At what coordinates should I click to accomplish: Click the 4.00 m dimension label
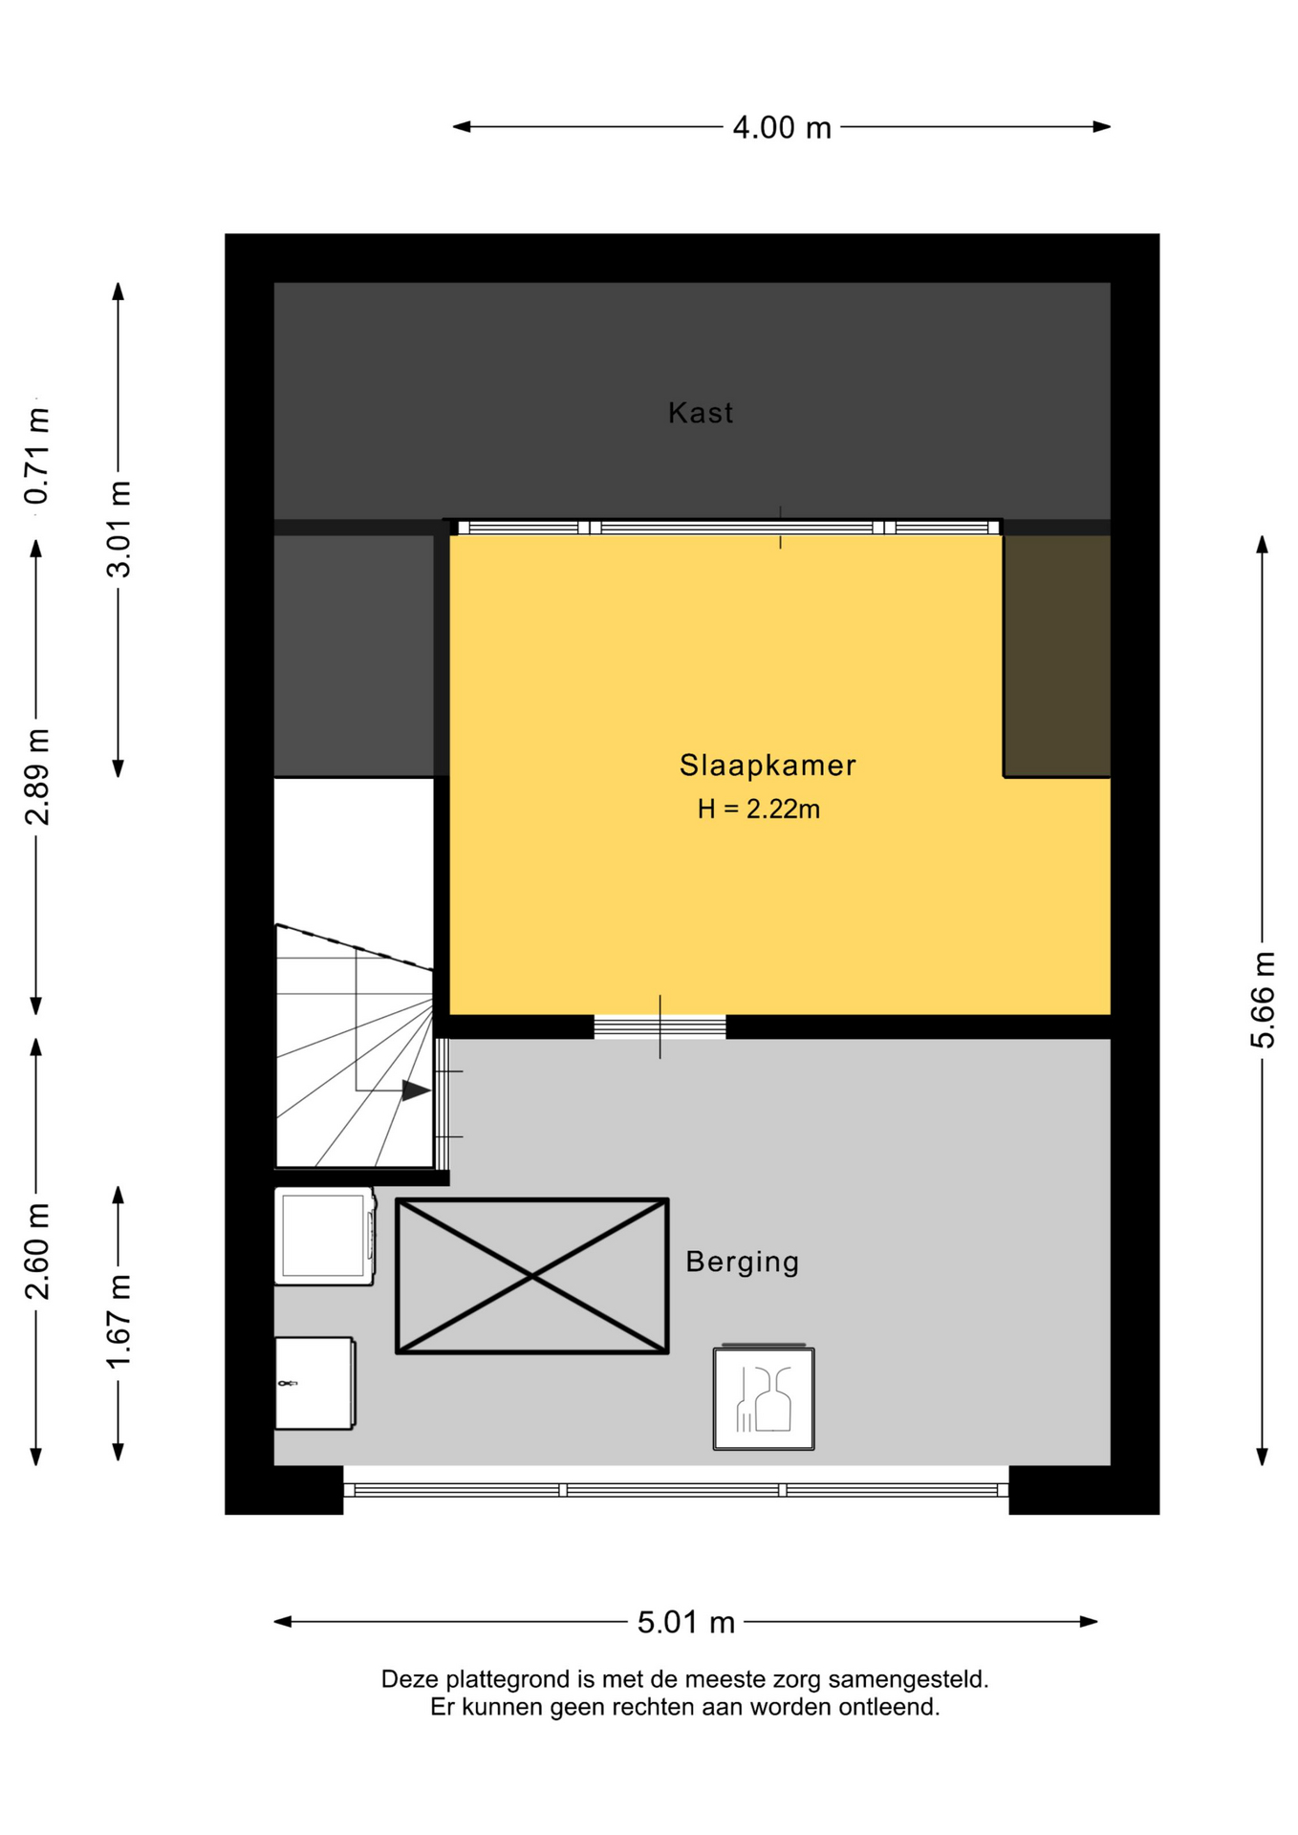[781, 127]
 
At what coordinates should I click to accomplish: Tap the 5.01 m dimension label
[685, 1622]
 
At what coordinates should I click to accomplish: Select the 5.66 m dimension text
[1263, 1000]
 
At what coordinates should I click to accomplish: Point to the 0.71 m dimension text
[37, 456]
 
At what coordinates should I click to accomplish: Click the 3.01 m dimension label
[119, 529]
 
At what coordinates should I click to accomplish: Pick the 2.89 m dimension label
[37, 776]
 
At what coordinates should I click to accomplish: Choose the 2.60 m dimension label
[37, 1251]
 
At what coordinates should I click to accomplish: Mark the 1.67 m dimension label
[119, 1322]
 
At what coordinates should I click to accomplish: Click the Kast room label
[701, 413]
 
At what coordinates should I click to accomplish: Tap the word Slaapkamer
[768, 765]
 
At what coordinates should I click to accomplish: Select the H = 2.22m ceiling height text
[758, 810]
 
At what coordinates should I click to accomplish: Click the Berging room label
[742, 1263]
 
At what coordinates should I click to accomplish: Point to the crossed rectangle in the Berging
[532, 1276]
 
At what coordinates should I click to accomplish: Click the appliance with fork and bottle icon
[764, 1397]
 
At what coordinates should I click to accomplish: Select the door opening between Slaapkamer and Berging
[660, 1027]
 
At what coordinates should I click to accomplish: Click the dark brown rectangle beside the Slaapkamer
[1057, 656]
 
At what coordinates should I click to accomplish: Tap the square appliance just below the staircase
[324, 1236]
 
